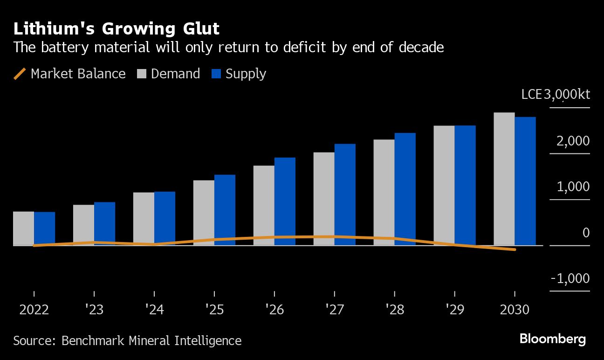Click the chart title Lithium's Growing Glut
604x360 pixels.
tap(117, 29)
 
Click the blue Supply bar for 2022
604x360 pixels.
tap(44, 228)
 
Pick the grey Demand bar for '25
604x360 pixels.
tap(204, 213)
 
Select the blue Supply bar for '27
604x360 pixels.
tap(345, 194)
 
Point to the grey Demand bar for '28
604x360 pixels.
tap(384, 192)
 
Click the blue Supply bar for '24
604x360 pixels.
tap(165, 218)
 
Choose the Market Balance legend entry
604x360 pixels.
tap(70, 74)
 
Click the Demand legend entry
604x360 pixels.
tap(169, 74)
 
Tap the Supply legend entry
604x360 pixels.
tap(239, 74)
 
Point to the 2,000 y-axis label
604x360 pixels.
tap(573, 141)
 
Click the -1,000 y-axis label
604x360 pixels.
tap(570, 278)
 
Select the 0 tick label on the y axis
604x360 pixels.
tap(586, 233)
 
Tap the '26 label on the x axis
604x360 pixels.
tap(274, 310)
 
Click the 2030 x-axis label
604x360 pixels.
tap(514, 310)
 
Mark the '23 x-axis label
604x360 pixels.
tap(94, 310)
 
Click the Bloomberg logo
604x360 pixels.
tap(553, 339)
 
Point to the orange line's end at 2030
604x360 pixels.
tap(515, 249)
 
